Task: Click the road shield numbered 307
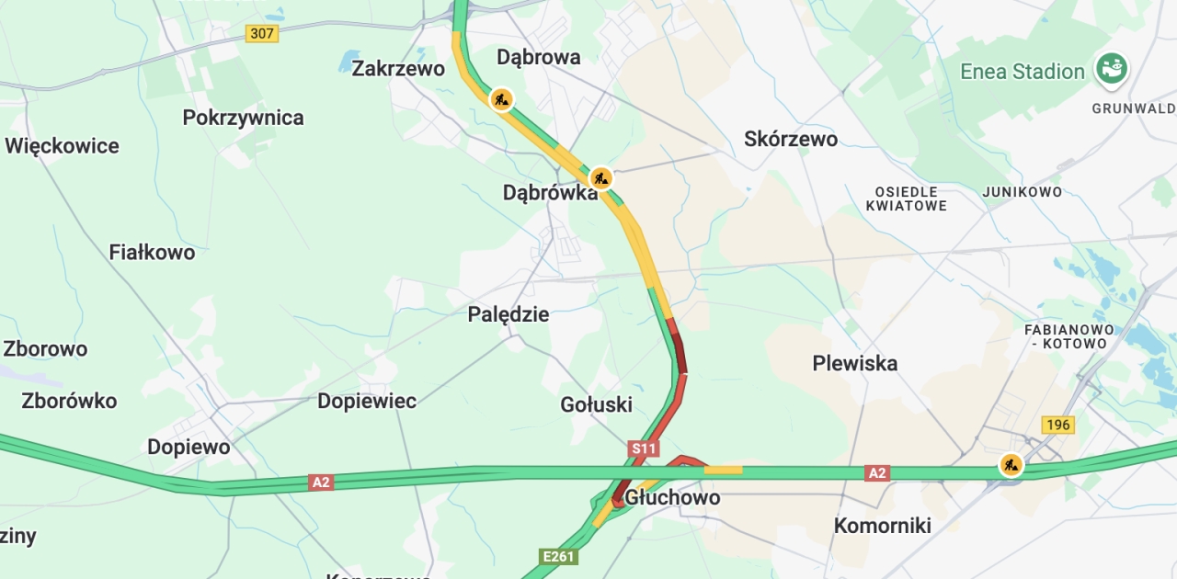click(262, 33)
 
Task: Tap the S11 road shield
click(644, 448)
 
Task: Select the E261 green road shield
click(559, 556)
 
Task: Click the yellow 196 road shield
click(1058, 425)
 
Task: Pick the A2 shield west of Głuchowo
click(320, 482)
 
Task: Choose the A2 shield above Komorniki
click(877, 472)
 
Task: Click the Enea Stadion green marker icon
click(1112, 69)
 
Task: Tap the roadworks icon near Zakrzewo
click(501, 98)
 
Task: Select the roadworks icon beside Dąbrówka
click(600, 176)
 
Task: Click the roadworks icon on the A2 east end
click(1011, 465)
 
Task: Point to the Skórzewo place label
click(791, 139)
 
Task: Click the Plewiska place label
click(854, 363)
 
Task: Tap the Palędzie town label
click(509, 314)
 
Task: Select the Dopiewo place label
click(189, 447)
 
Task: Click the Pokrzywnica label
click(243, 118)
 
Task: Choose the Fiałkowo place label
click(152, 252)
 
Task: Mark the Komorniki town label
click(882, 526)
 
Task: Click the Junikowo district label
click(1022, 192)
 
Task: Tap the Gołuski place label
click(596, 404)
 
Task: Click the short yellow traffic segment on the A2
click(723, 471)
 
